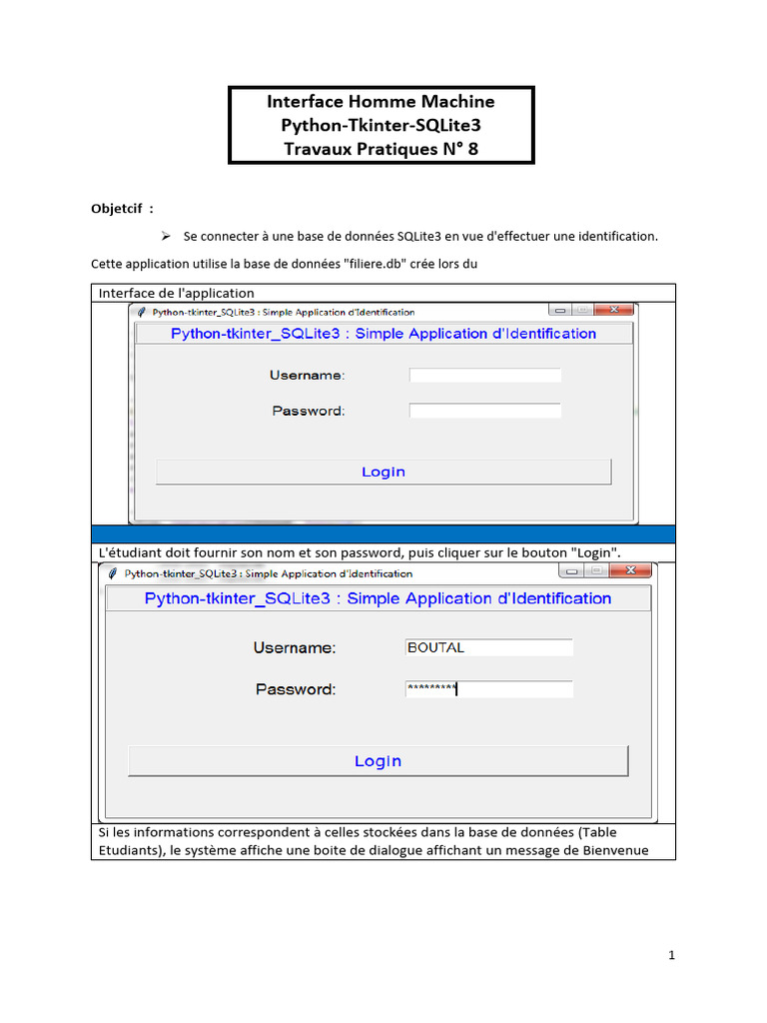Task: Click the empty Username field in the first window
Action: coord(485,376)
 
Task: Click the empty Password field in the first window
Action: coord(485,411)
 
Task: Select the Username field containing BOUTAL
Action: coord(488,647)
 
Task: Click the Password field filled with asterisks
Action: coord(488,689)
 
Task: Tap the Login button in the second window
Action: coord(378,761)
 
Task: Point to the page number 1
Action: coord(672,955)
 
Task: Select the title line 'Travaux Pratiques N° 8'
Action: coord(382,150)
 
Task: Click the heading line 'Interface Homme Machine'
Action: coord(381,101)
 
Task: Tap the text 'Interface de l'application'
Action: coord(177,293)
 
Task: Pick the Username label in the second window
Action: coord(295,647)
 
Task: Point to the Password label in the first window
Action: coord(308,411)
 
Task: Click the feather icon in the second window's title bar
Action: coord(112,573)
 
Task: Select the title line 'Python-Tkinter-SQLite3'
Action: coord(382,126)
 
